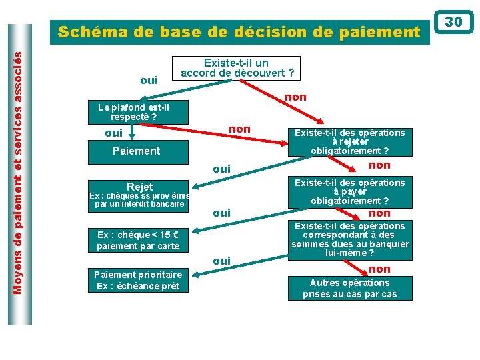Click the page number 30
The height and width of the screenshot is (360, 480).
453,22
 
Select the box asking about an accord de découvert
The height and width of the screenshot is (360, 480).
238,68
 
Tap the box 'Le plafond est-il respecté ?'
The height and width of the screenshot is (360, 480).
133,112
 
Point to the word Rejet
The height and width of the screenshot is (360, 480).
139,187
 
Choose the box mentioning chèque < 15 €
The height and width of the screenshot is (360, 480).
139,241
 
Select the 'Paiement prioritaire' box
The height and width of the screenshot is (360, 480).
137,280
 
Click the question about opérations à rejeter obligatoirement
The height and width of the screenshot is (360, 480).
350,142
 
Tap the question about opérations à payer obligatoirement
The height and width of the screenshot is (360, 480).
350,191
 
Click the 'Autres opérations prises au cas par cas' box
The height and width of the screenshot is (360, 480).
349,288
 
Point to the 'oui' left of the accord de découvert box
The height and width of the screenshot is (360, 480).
149,80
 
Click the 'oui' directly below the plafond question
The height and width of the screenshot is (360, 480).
114,133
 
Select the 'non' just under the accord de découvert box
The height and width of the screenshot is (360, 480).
295,97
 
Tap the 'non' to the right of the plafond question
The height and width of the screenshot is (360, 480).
239,129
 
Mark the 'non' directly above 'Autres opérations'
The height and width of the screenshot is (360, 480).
379,269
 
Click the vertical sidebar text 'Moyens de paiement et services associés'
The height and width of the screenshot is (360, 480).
19,173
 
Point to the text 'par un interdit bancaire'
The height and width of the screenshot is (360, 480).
139,204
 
